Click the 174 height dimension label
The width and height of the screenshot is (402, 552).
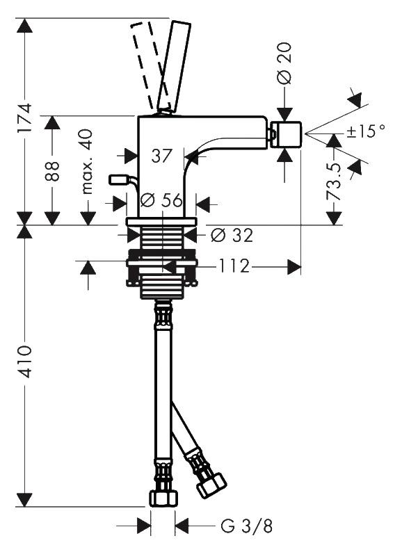24,117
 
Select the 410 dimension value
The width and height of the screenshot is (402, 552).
24,362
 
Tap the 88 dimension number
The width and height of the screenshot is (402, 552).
52,172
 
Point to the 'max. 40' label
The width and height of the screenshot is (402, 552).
87,161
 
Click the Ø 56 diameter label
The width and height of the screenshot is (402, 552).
162,200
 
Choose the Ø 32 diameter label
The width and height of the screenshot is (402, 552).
232,235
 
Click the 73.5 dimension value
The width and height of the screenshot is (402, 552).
334,181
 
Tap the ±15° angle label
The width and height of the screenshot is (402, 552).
365,131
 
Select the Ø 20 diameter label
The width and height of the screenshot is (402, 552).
284,63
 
